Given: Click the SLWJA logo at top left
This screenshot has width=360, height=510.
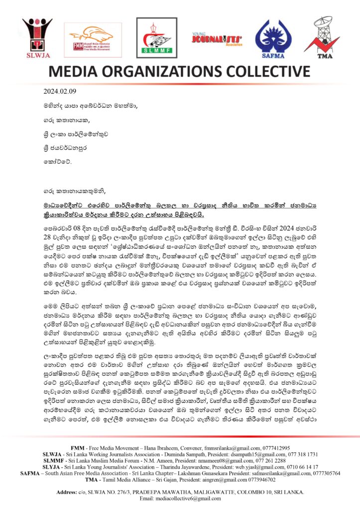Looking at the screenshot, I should [x=37, y=37].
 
